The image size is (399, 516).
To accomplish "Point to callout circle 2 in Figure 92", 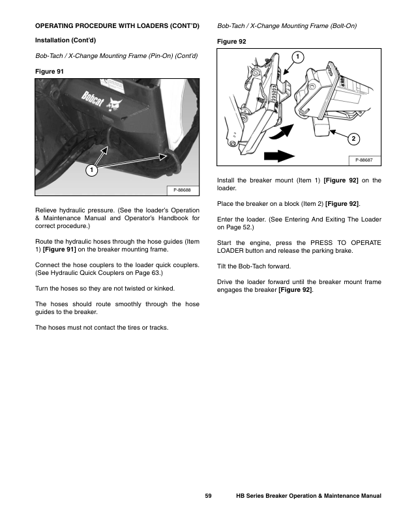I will pyautogui.click(x=353, y=138).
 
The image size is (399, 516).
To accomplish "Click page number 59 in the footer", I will pyautogui.click(x=208, y=497).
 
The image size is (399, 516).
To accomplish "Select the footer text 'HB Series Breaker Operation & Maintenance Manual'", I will pyautogui.click(x=308, y=497).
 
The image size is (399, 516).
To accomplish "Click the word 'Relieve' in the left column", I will pyautogui.click(x=45, y=211).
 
